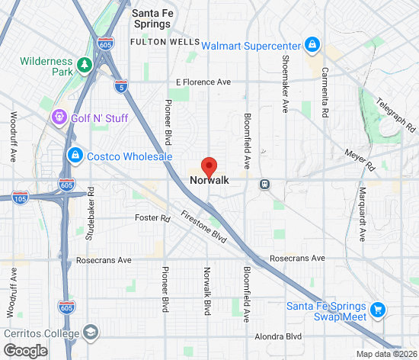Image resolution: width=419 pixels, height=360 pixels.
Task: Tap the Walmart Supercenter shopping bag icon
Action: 312,45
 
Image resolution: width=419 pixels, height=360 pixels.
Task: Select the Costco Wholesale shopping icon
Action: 75,156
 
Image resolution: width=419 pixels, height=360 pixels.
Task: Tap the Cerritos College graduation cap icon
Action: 91,333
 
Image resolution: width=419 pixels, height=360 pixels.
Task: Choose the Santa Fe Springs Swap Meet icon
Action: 378,310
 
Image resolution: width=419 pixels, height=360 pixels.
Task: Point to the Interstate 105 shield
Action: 21,198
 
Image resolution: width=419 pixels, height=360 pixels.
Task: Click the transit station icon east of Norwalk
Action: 264,184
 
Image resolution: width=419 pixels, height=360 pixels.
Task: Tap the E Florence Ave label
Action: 203,82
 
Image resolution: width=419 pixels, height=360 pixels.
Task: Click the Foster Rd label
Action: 154,218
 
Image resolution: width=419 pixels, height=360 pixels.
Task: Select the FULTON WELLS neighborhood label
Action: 165,43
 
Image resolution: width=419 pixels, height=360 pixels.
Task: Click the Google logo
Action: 24,350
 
